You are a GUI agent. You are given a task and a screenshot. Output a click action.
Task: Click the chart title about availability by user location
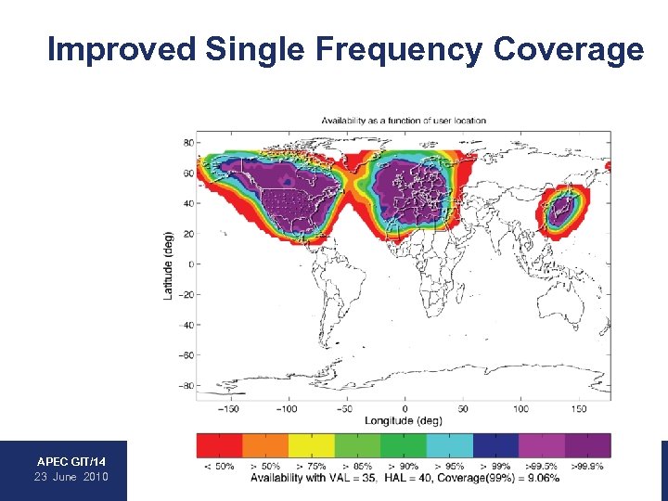point(404,121)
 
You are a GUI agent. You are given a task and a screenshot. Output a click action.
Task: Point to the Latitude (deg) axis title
point(168,264)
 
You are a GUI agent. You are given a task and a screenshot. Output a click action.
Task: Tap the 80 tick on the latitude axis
point(187,143)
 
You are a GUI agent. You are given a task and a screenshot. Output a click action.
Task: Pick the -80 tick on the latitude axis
point(186,385)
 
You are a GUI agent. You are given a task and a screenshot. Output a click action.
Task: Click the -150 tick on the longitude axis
point(229,408)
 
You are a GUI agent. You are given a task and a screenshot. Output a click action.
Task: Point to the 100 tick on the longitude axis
point(520,408)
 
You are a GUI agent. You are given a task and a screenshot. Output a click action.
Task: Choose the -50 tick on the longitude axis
point(346,408)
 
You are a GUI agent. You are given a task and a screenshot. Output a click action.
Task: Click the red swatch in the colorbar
point(219,445)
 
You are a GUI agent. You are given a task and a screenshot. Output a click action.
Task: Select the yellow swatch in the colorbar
point(311,445)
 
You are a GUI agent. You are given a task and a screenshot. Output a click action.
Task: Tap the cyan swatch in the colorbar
point(449,445)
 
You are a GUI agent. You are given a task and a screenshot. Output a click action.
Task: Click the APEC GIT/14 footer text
point(71,461)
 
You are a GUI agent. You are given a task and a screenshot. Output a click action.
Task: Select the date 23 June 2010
point(71,476)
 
